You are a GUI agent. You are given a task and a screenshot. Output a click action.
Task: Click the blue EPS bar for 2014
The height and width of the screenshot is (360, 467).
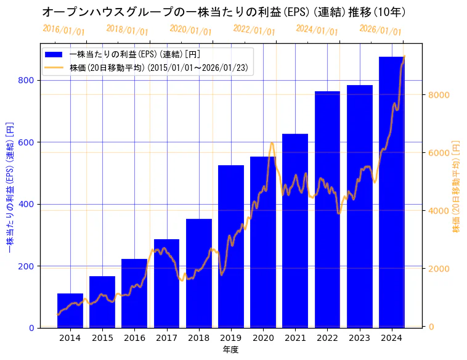[x=70, y=311]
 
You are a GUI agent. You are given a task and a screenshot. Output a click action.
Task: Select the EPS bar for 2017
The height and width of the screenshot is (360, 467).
[x=166, y=284]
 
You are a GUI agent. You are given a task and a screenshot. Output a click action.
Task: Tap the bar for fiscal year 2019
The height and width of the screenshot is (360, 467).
[x=231, y=247]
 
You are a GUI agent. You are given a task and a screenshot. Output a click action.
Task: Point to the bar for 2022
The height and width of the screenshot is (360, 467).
[x=327, y=210]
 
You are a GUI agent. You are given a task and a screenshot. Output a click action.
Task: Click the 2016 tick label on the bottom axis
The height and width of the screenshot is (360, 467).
[x=134, y=338]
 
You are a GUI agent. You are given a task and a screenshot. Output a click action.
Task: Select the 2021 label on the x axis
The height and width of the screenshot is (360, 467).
[x=295, y=338]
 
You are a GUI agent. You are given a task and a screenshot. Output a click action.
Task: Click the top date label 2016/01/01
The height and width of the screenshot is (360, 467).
[x=63, y=30]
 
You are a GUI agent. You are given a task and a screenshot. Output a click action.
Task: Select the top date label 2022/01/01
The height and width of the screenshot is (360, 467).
[x=254, y=30]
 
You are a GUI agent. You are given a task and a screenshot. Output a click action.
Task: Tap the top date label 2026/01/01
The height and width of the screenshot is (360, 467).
[x=380, y=30]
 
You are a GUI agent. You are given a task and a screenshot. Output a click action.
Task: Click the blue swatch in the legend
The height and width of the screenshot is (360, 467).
[x=54, y=54]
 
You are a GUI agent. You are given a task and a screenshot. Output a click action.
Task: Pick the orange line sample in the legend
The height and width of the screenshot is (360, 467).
[x=54, y=68]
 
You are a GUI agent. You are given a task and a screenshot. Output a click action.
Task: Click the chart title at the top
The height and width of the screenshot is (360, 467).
[x=224, y=12]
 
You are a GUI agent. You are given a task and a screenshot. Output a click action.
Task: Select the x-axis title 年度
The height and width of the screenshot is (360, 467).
[x=230, y=350]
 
